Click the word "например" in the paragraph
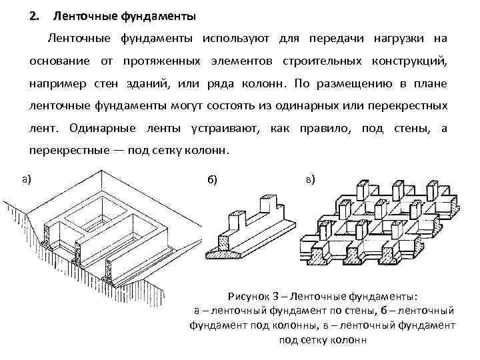point(55,85)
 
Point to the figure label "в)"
point(310,179)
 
